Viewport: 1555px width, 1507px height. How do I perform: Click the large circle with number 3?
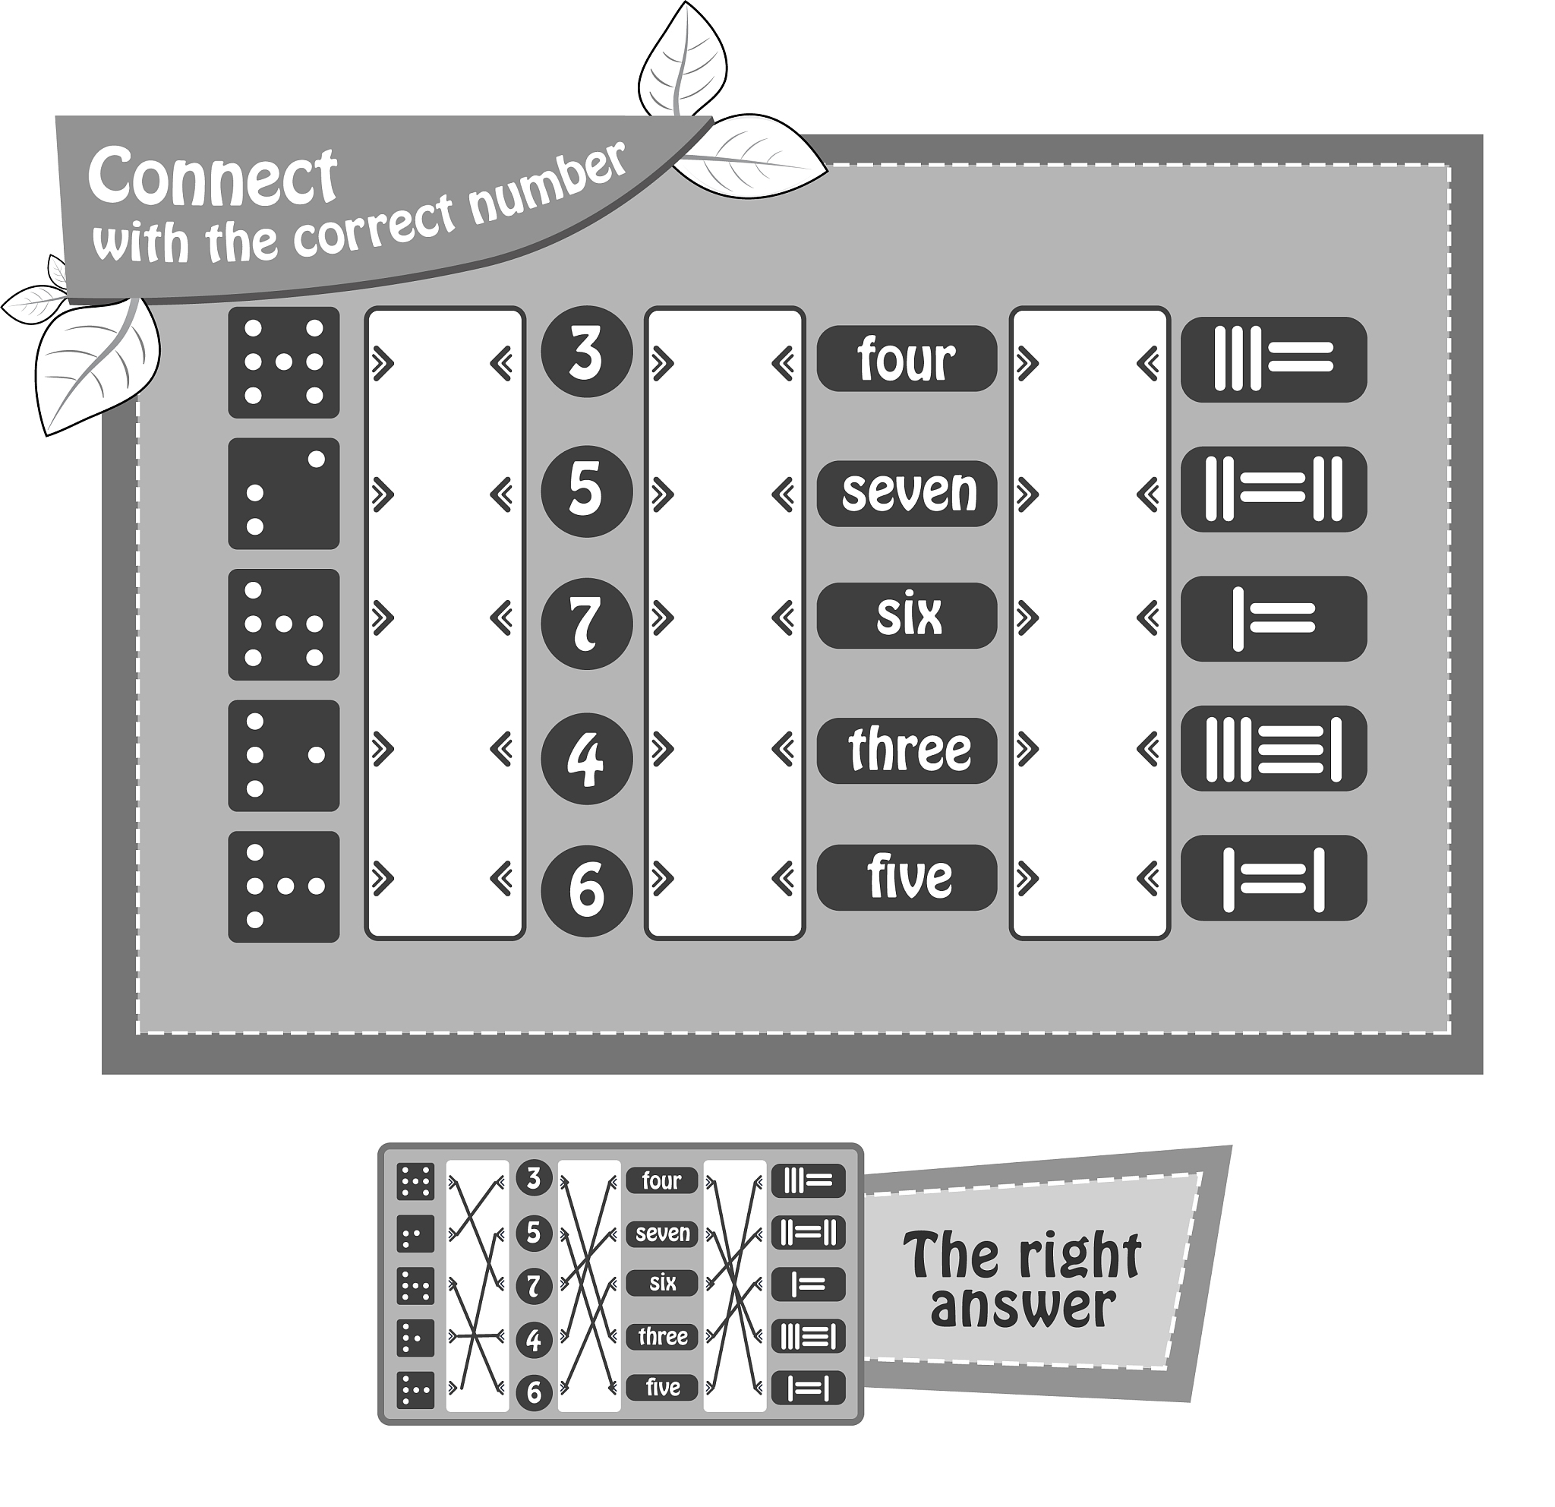586,352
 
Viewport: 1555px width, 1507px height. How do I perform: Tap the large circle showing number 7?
586,624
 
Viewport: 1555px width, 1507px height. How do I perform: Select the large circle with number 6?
586,890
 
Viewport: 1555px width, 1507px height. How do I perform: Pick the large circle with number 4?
586,759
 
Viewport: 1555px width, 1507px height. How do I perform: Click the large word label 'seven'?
907,493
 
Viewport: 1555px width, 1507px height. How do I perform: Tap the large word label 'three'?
907,750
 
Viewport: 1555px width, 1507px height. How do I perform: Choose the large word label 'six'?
907,616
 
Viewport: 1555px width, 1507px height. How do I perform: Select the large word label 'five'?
907,878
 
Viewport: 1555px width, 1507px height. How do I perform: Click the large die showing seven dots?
284,362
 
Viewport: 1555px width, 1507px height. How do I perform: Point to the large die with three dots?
284,494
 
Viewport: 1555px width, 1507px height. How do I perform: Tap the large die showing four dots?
284,756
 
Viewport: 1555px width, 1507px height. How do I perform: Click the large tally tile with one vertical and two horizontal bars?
1273,619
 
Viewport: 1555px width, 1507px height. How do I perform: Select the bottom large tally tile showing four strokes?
1273,878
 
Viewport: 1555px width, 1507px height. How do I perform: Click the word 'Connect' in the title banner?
213,176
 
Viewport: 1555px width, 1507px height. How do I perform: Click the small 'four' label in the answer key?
661,1181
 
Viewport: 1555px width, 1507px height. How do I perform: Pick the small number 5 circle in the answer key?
534,1233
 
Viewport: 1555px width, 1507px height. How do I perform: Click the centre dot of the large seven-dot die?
284,362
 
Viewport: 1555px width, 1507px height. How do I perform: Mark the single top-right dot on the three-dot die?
316,459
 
